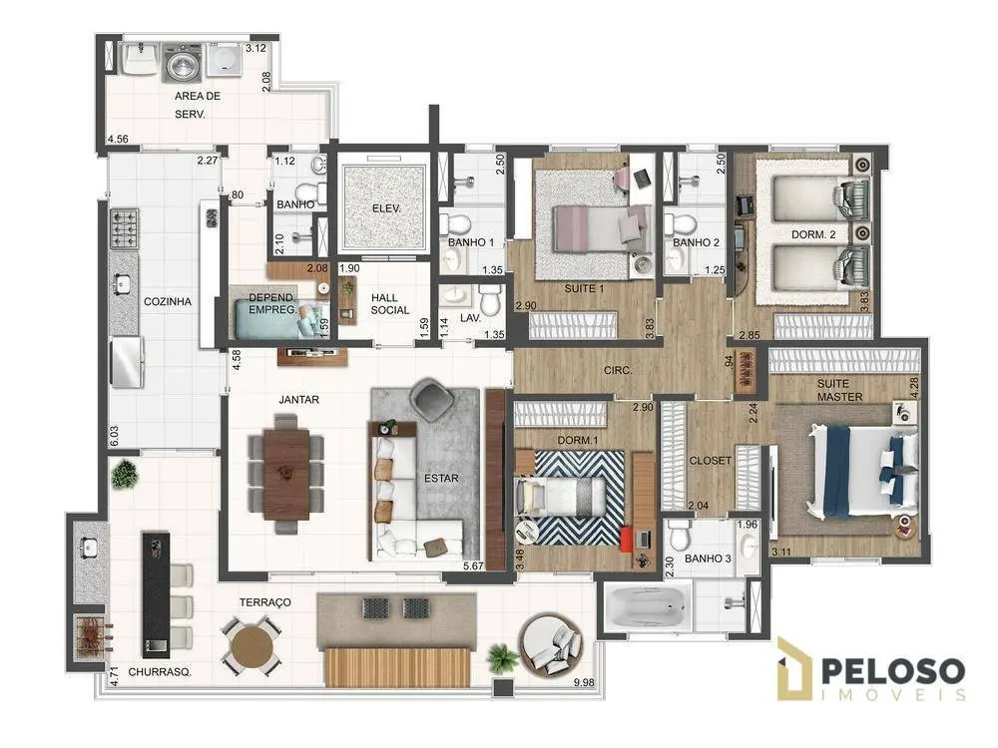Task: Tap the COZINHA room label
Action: [x=168, y=301]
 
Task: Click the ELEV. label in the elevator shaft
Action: [x=386, y=208]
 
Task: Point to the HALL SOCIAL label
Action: [x=389, y=304]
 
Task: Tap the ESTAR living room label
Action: [x=441, y=479]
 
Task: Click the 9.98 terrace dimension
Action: [x=583, y=682]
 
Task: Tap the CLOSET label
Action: [x=711, y=461]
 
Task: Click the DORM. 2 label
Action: [x=813, y=234]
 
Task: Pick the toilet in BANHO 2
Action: [x=680, y=224]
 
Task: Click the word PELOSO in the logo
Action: [x=893, y=671]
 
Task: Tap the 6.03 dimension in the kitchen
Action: [x=115, y=437]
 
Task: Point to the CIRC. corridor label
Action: [x=618, y=370]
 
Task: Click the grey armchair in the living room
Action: [x=433, y=400]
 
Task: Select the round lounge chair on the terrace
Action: [x=551, y=643]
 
